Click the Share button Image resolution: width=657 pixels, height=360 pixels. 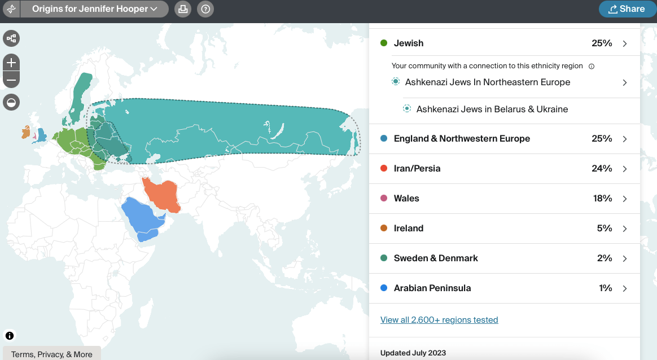pyautogui.click(x=627, y=9)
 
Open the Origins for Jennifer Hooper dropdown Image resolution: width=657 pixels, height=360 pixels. pyautogui.click(x=94, y=9)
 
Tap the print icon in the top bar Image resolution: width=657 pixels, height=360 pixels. pyautogui.click(x=182, y=9)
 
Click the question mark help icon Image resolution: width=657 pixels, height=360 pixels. pyautogui.click(x=205, y=9)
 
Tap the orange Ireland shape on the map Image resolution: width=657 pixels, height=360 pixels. pyautogui.click(x=26, y=133)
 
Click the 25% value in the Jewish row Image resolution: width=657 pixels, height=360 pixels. pyautogui.click(x=602, y=43)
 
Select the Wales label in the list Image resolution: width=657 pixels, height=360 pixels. pyautogui.click(x=406, y=199)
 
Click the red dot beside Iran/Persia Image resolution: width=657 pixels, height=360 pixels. pyautogui.click(x=384, y=169)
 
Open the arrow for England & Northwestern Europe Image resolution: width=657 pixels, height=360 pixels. pyautogui.click(x=625, y=139)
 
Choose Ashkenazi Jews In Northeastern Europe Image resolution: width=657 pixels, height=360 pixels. pyautogui.click(x=488, y=82)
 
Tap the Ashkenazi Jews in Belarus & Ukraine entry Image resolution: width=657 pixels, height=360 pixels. pyautogui.click(x=492, y=109)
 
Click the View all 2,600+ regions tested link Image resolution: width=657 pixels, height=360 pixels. pyautogui.click(x=439, y=320)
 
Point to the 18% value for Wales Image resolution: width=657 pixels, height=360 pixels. pyautogui.click(x=602, y=199)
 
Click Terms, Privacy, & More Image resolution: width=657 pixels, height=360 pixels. pyautogui.click(x=51, y=354)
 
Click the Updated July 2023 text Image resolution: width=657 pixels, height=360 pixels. pyautogui.click(x=413, y=353)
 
